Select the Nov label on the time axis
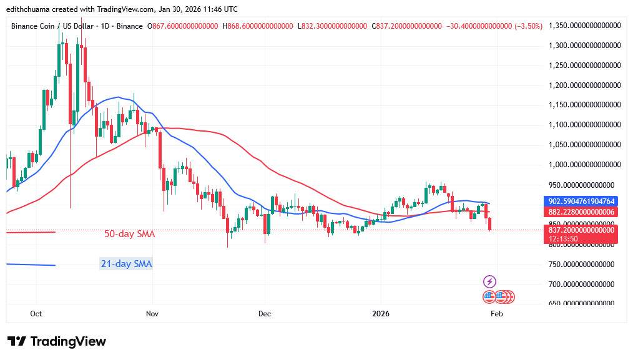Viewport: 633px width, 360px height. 150,314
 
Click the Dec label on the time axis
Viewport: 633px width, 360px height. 264,314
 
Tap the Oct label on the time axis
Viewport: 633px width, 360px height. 36,314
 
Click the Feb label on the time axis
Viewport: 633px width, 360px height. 496,314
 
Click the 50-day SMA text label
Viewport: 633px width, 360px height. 129,235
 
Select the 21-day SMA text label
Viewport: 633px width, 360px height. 126,264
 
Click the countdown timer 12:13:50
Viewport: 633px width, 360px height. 564,238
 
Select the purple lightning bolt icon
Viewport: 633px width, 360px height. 490,281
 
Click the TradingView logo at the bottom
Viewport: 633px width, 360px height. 57,341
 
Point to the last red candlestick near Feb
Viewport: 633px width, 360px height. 490,224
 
